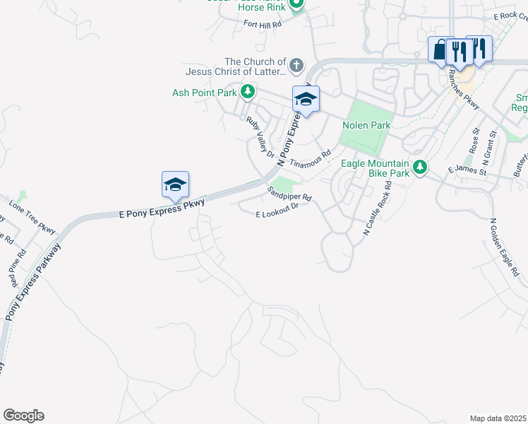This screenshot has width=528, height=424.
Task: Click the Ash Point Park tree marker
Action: pos(247,92)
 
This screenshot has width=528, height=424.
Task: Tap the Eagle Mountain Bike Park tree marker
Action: pos(421,167)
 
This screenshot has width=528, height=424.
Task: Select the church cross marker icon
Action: pos(296,66)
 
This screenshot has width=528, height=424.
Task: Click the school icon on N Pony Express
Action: pos(306,99)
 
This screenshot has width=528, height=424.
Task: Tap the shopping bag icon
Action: pos(440,50)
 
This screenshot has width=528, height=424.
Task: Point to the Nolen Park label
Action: pos(366,126)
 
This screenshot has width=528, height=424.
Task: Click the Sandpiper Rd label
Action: pos(289,193)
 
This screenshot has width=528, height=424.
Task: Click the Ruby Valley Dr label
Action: pos(259,135)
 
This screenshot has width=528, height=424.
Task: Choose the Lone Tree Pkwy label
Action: pos(32,217)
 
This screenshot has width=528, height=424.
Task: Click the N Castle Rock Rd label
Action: pos(377,207)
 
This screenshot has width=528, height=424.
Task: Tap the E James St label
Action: pos(467,171)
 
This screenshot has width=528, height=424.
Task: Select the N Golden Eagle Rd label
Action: pos(505,247)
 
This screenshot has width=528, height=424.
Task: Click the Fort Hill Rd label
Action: pos(263,24)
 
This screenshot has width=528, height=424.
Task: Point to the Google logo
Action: pos(23,416)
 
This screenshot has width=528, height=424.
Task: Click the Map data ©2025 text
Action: pos(498,418)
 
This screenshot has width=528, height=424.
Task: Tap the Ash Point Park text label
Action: pos(205,93)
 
